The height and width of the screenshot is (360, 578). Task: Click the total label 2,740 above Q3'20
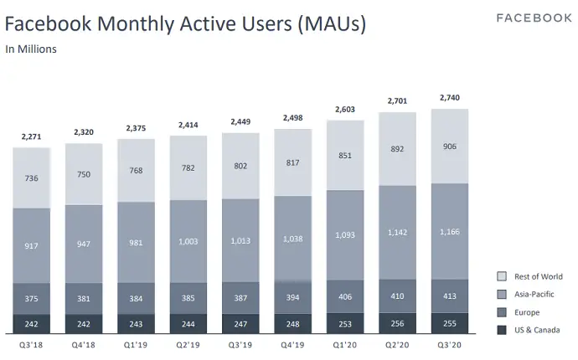pyautogui.click(x=449, y=98)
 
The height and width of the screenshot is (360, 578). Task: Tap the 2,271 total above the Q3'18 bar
pyautogui.click(x=32, y=137)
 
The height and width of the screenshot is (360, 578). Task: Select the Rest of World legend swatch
pyautogui.click(x=503, y=276)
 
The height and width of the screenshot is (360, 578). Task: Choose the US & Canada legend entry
pyautogui.click(x=536, y=329)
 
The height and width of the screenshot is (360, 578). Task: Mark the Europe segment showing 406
pyautogui.click(x=344, y=296)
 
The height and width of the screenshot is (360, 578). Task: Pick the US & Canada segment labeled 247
pyautogui.click(x=240, y=323)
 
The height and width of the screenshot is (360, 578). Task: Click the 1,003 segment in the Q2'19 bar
pyautogui.click(x=188, y=241)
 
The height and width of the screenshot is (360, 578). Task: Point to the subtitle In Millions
pyautogui.click(x=31, y=49)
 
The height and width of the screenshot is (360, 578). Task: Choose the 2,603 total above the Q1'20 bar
pyautogui.click(x=344, y=110)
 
